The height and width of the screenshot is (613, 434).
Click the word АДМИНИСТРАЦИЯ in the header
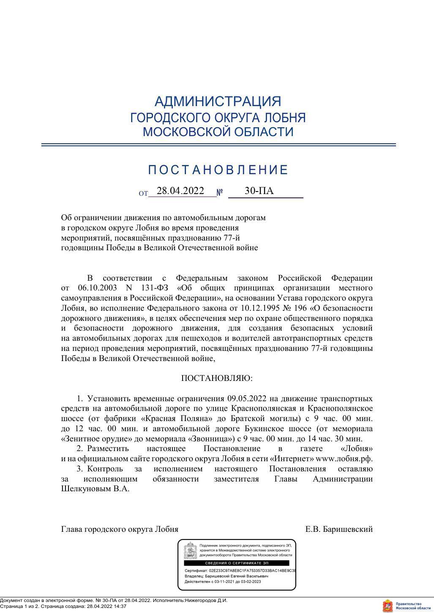click(x=218, y=101)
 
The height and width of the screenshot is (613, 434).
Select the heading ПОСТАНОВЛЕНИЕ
click(x=218, y=170)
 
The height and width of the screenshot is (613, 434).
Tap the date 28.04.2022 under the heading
click(x=180, y=191)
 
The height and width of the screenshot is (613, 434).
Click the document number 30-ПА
click(x=259, y=191)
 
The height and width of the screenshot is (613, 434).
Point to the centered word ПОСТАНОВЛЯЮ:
click(x=217, y=378)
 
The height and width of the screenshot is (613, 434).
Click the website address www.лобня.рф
click(x=344, y=459)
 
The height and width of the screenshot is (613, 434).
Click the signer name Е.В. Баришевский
click(x=339, y=529)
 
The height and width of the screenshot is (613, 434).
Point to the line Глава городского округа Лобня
click(x=120, y=529)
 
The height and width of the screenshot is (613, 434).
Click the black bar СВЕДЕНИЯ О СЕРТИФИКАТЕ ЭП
click(x=237, y=563)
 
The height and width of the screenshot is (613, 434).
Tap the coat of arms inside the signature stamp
click(x=191, y=550)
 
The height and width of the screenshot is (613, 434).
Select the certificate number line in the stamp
click(x=240, y=570)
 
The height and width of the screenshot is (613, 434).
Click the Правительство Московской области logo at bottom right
click(x=407, y=605)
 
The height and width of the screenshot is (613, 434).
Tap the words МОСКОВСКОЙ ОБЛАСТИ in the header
click(x=218, y=132)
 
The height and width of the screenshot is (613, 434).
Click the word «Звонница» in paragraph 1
click(x=208, y=439)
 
